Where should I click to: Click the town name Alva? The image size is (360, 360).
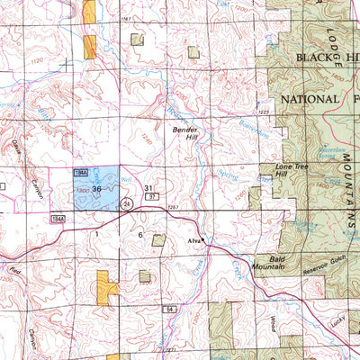[x=202, y=241]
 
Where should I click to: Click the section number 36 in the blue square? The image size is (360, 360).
[x=96, y=189]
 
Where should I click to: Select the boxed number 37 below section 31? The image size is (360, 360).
[x=152, y=196]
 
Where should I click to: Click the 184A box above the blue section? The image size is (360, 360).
[x=81, y=169]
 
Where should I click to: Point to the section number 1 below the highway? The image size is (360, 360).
[x=94, y=233]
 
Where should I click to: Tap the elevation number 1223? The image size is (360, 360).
[x=264, y=112]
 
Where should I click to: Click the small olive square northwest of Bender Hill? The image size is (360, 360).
[x=137, y=40]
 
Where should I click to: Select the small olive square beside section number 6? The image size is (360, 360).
[x=159, y=239]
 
